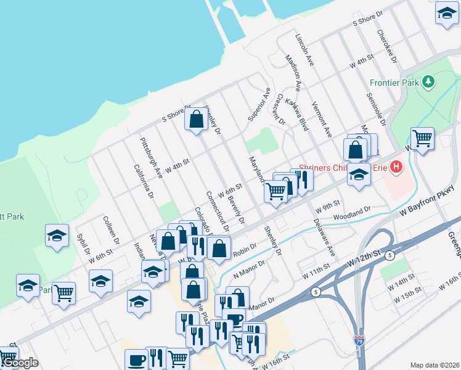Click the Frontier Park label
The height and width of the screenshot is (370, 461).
coord(394,82)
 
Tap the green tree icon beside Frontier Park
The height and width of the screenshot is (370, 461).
coord(427,81)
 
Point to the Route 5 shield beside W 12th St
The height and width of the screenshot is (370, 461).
coord(391,254)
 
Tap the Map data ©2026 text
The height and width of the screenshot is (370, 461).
coord(434,365)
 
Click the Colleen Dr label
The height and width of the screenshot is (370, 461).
coord(110,230)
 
